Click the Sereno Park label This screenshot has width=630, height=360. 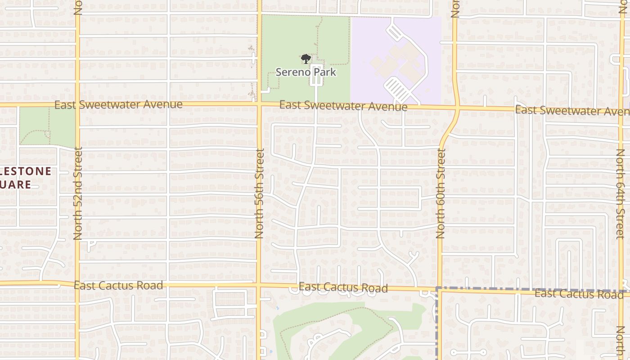(306, 72)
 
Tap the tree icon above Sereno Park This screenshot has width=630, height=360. (306, 59)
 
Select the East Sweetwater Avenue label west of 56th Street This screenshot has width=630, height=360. (118, 105)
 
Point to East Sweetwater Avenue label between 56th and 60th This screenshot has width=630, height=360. (343, 106)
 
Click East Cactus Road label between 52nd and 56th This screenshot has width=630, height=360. (118, 285)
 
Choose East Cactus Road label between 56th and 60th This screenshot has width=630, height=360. (343, 287)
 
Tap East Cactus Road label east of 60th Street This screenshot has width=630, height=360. (579, 294)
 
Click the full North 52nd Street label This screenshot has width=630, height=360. (77, 193)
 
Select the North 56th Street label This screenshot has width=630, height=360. (259, 193)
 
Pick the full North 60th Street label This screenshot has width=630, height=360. (441, 193)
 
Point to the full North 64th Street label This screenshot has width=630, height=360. (621, 193)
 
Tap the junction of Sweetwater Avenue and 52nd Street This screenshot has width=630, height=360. (77, 104)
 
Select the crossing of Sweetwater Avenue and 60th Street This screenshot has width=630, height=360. (457, 108)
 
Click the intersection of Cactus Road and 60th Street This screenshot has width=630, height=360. (439, 289)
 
